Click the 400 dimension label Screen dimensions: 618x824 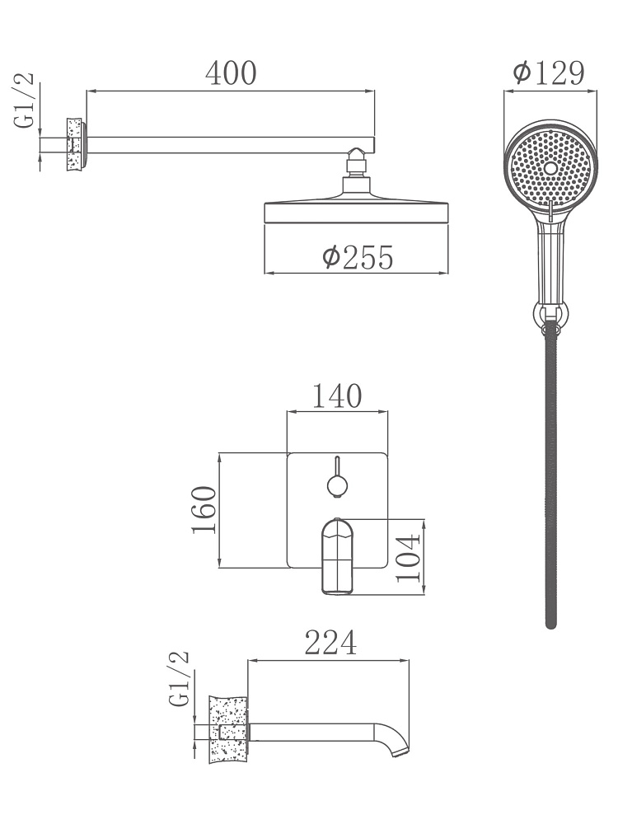[x=231, y=73]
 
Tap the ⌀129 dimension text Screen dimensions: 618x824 [x=549, y=73]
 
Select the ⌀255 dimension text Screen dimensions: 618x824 [x=358, y=257]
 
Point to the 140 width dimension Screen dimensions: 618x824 [x=337, y=396]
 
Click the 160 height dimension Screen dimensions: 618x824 [x=204, y=510]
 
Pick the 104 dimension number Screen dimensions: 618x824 [x=409, y=558]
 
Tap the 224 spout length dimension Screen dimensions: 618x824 [x=330, y=642]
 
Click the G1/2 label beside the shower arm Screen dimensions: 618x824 [x=24, y=101]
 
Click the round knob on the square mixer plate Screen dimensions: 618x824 [x=337, y=485]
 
